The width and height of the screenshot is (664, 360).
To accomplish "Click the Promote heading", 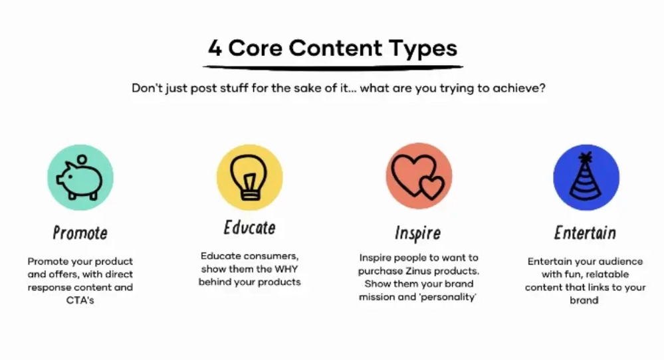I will [80, 233].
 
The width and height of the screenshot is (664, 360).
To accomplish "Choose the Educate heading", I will [249, 228].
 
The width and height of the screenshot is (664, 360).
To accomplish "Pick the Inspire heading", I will [417, 234].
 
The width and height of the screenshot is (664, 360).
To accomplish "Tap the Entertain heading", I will [585, 233].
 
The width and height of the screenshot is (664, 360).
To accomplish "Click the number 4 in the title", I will [215, 48].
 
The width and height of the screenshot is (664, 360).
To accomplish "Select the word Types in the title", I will [424, 49].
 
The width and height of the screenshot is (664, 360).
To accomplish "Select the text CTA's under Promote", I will [80, 301].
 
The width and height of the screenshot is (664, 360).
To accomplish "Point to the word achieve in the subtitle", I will [518, 88].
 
